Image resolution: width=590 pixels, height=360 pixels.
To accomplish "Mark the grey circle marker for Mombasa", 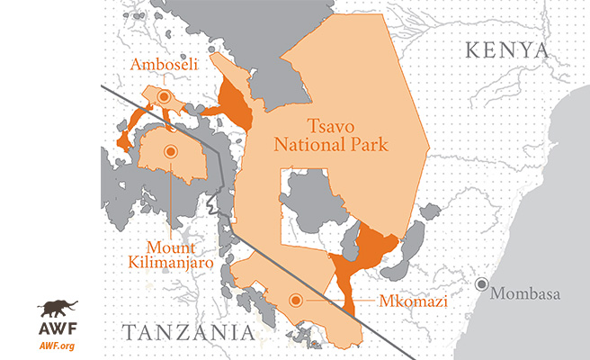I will tap(484, 285).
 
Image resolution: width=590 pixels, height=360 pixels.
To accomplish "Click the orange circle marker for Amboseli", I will tap(164, 95).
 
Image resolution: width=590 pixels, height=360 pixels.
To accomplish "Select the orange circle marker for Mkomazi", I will tap(294, 301).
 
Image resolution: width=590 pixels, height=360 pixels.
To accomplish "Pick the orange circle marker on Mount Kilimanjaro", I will tap(168, 153).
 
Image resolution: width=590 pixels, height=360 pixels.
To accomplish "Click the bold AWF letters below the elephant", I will tap(57, 330).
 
